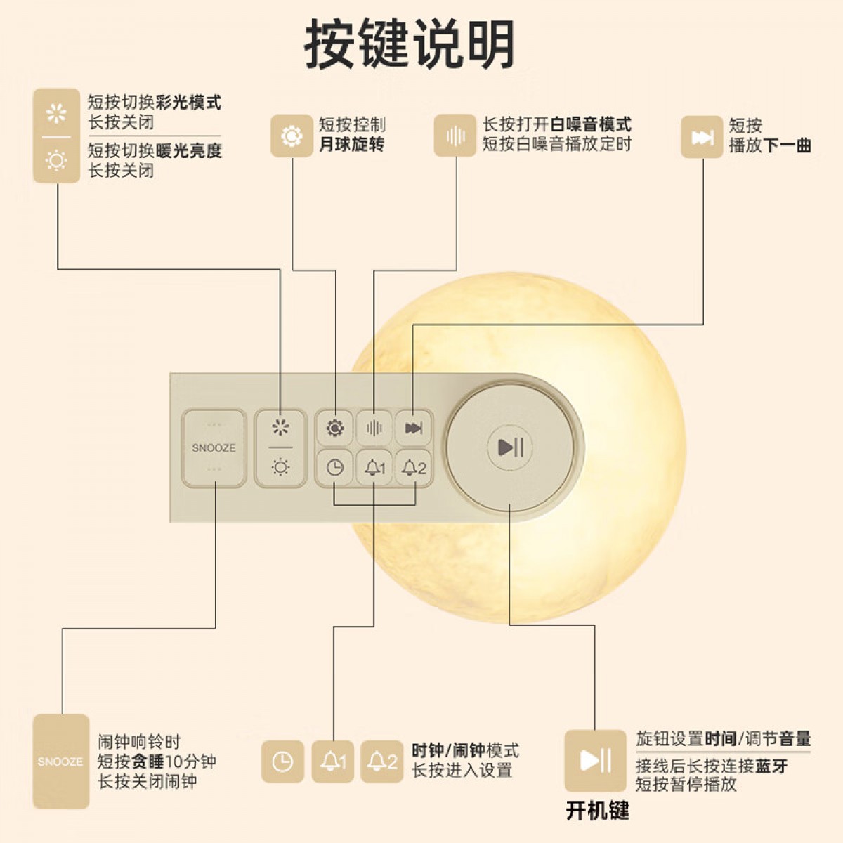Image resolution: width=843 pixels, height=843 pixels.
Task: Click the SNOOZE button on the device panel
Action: [x=214, y=447]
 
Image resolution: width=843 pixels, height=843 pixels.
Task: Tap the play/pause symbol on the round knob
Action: [x=511, y=447]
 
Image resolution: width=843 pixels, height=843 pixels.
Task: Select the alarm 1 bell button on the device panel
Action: [x=374, y=467]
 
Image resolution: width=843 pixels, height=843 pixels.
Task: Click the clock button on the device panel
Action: [x=334, y=467]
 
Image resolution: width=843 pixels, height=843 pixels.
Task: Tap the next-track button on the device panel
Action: [x=413, y=428]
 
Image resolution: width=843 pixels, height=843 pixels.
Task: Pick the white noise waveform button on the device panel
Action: [x=374, y=428]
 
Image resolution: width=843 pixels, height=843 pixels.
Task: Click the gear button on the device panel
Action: [x=334, y=428]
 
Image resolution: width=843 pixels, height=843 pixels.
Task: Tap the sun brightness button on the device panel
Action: [x=280, y=466]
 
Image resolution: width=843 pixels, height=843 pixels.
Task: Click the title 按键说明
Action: [x=410, y=44]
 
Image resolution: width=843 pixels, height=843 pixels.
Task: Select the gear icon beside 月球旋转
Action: [x=292, y=136]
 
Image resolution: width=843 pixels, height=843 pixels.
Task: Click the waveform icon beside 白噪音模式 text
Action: [x=455, y=136]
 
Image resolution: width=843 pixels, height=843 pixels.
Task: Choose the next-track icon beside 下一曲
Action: [x=702, y=137]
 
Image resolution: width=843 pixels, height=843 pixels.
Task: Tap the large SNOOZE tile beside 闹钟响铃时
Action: [x=60, y=762]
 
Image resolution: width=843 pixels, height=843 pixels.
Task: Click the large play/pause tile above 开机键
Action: [x=595, y=761]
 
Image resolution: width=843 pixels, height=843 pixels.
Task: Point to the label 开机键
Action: [x=597, y=811]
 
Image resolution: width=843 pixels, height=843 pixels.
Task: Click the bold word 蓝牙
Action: [x=771, y=766]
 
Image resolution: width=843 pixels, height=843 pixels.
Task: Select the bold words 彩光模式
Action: [x=188, y=103]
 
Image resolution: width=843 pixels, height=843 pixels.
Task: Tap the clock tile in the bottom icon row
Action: [x=282, y=762]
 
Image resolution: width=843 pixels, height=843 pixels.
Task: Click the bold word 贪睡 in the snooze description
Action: [x=148, y=762]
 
